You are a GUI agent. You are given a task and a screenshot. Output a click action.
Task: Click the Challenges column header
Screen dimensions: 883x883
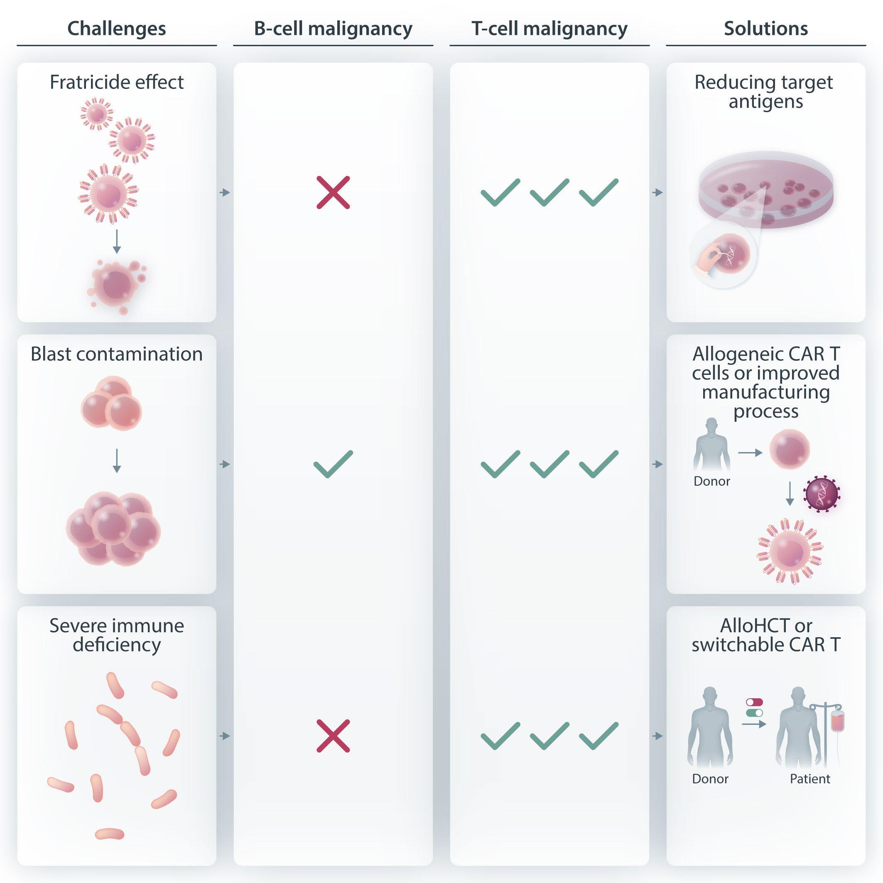117,28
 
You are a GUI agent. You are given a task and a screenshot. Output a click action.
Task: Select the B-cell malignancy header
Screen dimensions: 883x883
333,28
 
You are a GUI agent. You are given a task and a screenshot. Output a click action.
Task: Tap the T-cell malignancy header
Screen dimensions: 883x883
549,28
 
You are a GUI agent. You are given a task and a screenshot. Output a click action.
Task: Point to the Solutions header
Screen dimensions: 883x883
766,28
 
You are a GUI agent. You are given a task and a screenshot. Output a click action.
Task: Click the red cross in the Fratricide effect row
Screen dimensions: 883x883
333,192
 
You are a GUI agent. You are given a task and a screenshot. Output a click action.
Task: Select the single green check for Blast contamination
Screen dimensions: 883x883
333,464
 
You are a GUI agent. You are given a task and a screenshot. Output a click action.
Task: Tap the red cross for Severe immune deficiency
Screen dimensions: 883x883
333,736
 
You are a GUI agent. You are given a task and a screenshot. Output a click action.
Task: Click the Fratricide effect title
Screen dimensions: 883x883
117,82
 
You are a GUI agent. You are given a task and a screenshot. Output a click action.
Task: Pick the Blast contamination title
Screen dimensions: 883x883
117,354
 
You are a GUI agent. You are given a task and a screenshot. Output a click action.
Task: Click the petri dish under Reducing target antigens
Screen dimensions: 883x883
766,192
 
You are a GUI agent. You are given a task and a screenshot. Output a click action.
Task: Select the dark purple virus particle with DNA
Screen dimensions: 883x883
822,494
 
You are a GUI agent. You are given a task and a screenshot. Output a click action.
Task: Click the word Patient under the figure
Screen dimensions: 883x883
810,778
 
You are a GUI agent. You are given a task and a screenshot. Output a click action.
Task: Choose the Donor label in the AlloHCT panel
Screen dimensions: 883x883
710,778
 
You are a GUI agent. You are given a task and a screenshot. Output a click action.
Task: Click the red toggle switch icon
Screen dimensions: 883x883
754,702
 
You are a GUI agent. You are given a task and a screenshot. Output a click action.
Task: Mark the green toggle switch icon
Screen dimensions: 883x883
754,713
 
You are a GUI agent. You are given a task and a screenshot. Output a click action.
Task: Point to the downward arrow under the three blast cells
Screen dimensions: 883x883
117,461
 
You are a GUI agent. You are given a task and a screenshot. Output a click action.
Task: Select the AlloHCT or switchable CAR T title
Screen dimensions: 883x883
766,635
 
